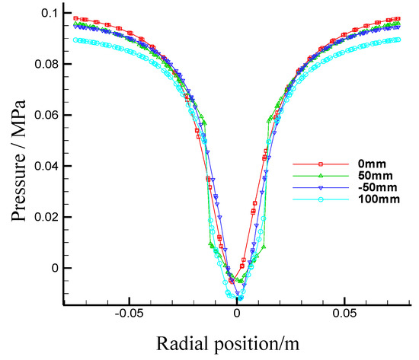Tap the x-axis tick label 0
[237, 313]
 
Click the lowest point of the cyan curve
[232, 296]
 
